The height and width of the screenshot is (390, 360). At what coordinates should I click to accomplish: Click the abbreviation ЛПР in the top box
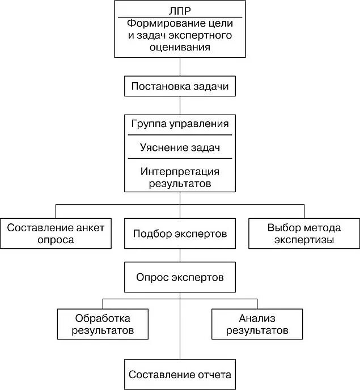(180, 11)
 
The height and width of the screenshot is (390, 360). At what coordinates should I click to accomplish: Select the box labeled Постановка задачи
(180, 87)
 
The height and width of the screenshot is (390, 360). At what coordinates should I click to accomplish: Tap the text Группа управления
(180, 124)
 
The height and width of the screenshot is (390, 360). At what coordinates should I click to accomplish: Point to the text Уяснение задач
(180, 148)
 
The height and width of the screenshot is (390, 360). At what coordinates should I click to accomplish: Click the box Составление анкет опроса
(56, 233)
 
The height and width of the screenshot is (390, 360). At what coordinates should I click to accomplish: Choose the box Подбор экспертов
(180, 233)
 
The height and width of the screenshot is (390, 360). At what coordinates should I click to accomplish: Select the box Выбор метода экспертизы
(304, 233)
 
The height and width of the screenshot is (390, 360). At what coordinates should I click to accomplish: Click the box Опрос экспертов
(180, 278)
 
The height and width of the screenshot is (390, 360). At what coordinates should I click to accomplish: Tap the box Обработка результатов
(103, 324)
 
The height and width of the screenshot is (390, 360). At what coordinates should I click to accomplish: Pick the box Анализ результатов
(257, 324)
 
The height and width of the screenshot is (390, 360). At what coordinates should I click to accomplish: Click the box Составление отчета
(180, 375)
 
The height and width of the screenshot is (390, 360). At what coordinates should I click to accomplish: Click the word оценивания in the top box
(180, 48)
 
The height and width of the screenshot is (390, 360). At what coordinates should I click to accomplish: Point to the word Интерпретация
(180, 172)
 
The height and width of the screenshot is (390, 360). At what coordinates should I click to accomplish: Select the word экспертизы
(304, 240)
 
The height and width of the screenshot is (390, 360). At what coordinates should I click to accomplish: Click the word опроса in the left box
(56, 240)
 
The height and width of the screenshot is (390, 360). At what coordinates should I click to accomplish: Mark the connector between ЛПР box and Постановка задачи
(180, 67)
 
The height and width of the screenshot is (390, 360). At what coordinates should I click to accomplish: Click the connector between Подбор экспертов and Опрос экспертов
(180, 255)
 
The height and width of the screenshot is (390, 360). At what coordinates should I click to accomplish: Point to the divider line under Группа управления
(180, 135)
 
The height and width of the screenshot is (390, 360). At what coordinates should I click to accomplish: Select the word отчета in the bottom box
(214, 375)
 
